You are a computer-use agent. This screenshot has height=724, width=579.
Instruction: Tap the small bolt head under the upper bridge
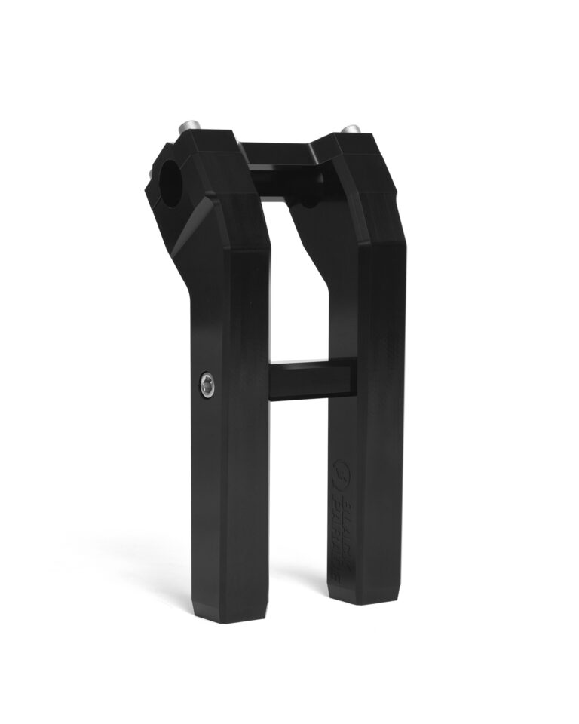(x=308, y=202)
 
